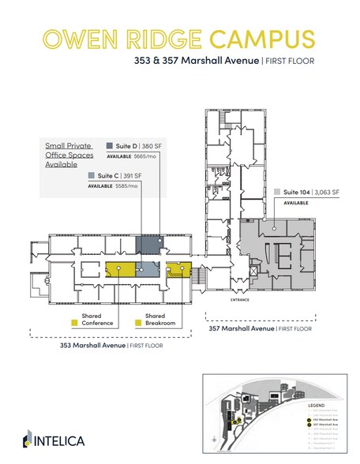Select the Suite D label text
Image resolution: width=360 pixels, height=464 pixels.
[x=126, y=145]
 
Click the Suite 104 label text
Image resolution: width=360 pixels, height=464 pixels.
[x=296, y=192]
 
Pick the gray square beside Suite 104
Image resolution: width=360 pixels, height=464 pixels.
[x=276, y=192]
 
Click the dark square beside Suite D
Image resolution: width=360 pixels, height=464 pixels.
[x=109, y=145]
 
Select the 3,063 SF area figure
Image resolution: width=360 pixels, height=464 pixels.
[x=327, y=192]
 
